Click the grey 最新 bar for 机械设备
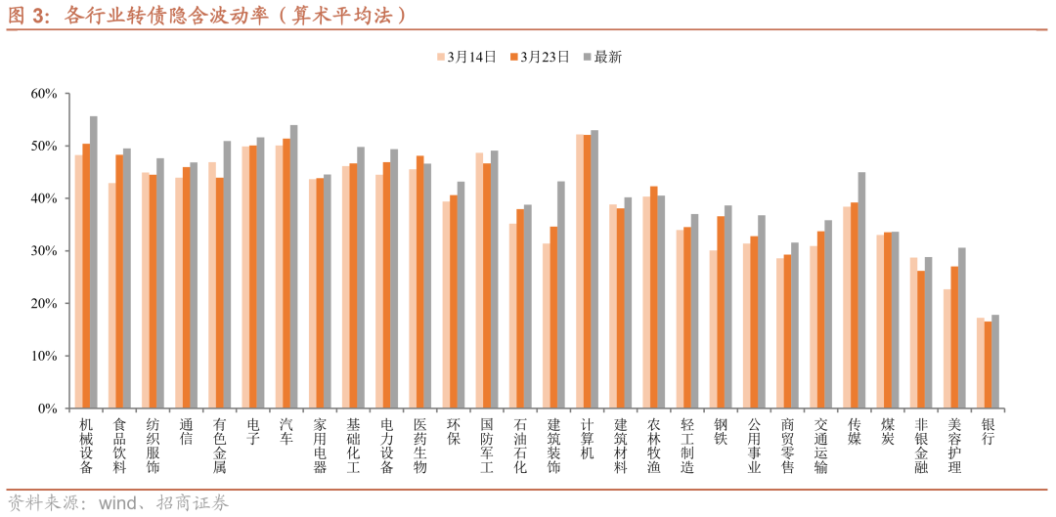tap(94, 262)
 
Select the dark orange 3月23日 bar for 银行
tap(988, 365)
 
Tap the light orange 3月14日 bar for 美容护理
tap(947, 349)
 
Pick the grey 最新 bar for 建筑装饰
tap(561, 294)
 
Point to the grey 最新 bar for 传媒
tap(861, 290)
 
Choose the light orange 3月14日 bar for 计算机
tap(579, 271)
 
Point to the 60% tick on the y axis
tap(67, 94)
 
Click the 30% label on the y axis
tap(45, 251)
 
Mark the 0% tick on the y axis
tap(67, 409)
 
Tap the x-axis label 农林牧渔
tap(653, 447)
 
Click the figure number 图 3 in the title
tap(27, 16)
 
